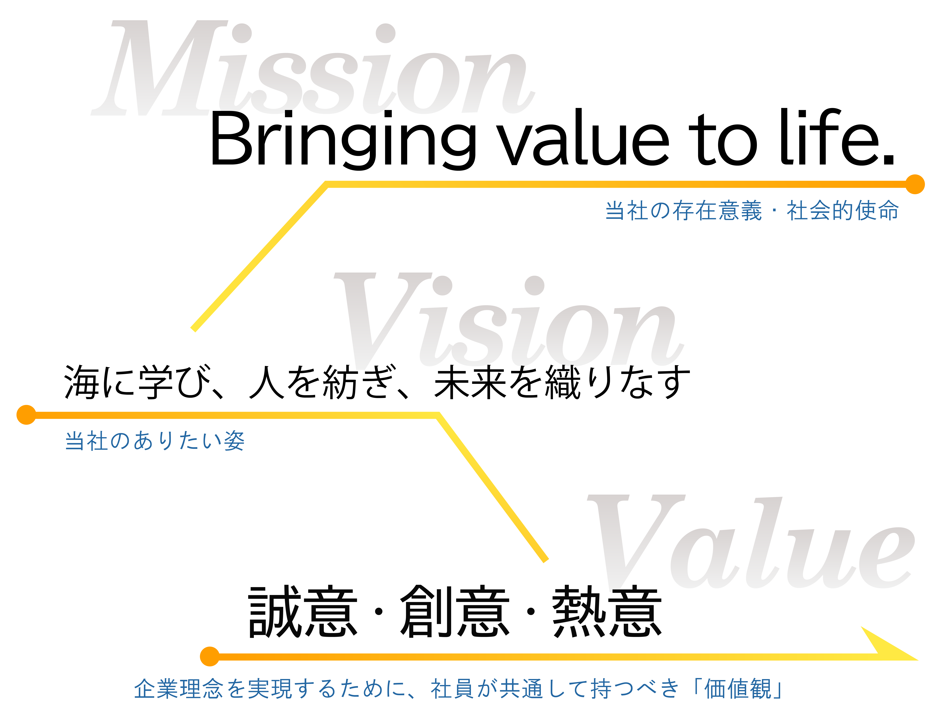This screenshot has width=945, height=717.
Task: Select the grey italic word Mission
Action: click(x=313, y=68)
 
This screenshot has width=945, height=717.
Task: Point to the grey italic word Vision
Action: click(x=508, y=321)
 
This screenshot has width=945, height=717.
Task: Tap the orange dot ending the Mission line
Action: click(x=915, y=184)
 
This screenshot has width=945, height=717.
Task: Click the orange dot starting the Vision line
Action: click(x=26, y=415)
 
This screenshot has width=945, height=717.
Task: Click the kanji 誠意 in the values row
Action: click(x=303, y=611)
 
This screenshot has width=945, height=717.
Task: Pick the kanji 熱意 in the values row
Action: click(x=607, y=611)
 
